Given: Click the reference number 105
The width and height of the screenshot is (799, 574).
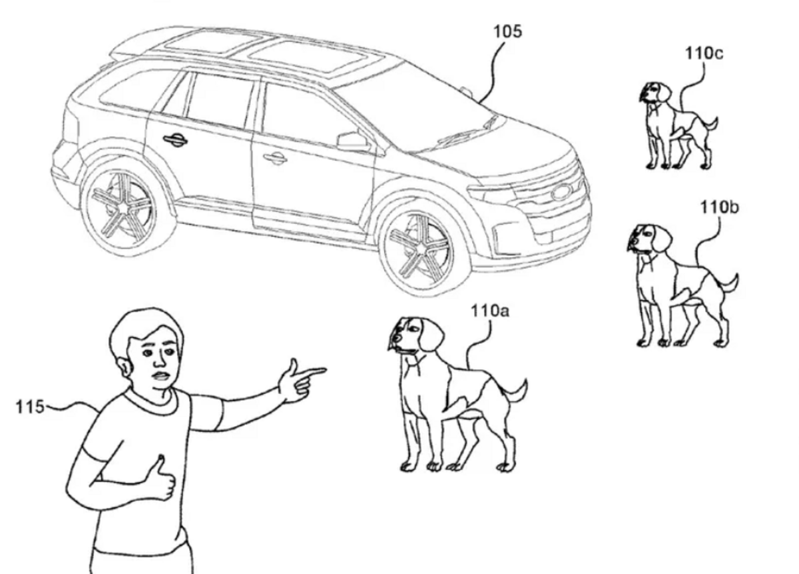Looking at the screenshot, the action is point(507,31).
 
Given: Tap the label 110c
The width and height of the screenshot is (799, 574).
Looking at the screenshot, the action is point(704,53).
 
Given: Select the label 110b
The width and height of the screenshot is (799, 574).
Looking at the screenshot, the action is point(720,207).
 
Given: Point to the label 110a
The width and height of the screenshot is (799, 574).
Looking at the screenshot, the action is point(490,311).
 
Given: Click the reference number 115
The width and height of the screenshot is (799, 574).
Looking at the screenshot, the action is point(30,407).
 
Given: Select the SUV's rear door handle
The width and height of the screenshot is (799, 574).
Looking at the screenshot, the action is point(174,139).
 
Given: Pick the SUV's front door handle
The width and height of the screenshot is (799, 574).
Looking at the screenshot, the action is point(274,158).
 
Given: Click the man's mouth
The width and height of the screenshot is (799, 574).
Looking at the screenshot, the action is point(160,376).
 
